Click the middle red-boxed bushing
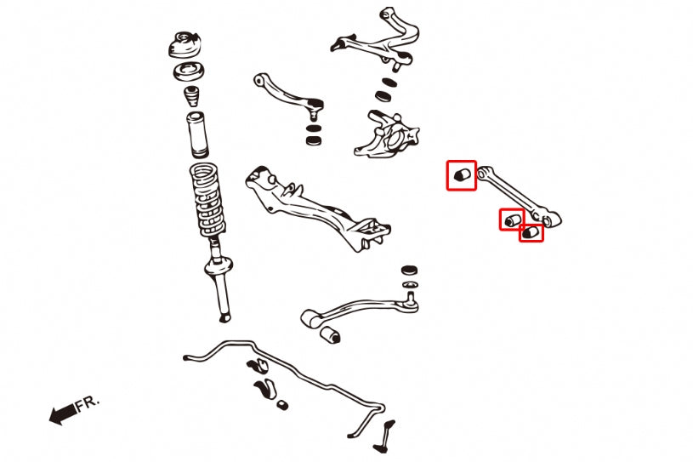pos(511,220)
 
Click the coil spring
pos(209,201)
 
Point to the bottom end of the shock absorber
pos(224,317)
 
